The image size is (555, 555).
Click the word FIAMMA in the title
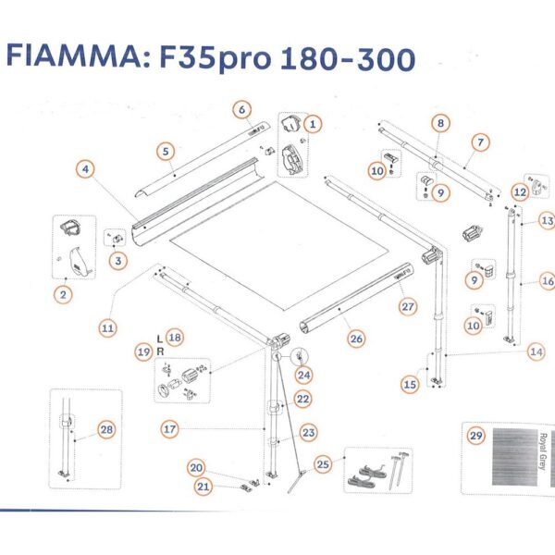pyautogui.click(x=71, y=56)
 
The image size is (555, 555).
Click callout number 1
pyautogui.click(x=313, y=122)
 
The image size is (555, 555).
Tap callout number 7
pyautogui.click(x=480, y=142)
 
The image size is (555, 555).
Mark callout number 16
pyautogui.click(x=548, y=281)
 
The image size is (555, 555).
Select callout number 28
pyautogui.click(x=106, y=429)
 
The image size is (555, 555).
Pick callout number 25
pyautogui.click(x=323, y=463)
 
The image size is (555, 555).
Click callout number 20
pyautogui.click(x=197, y=467)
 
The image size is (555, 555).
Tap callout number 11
pyautogui.click(x=109, y=327)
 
